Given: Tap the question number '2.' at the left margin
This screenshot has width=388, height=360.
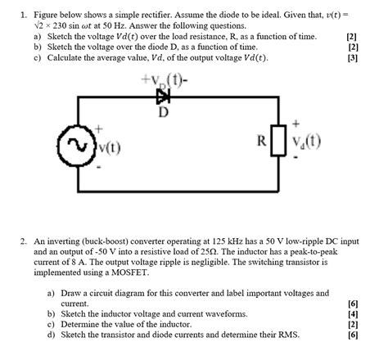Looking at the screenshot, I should (26, 241).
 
